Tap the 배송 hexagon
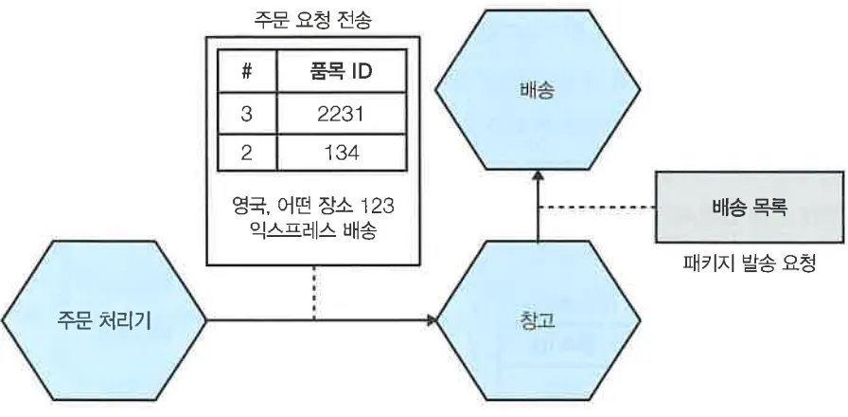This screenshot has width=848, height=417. pos(536,93)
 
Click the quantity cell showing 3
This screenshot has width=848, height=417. pos(247,114)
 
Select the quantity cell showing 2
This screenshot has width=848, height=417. pos(247,154)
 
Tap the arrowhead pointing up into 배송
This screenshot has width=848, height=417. pos(537,177)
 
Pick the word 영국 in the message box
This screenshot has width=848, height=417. pos(248,203)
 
